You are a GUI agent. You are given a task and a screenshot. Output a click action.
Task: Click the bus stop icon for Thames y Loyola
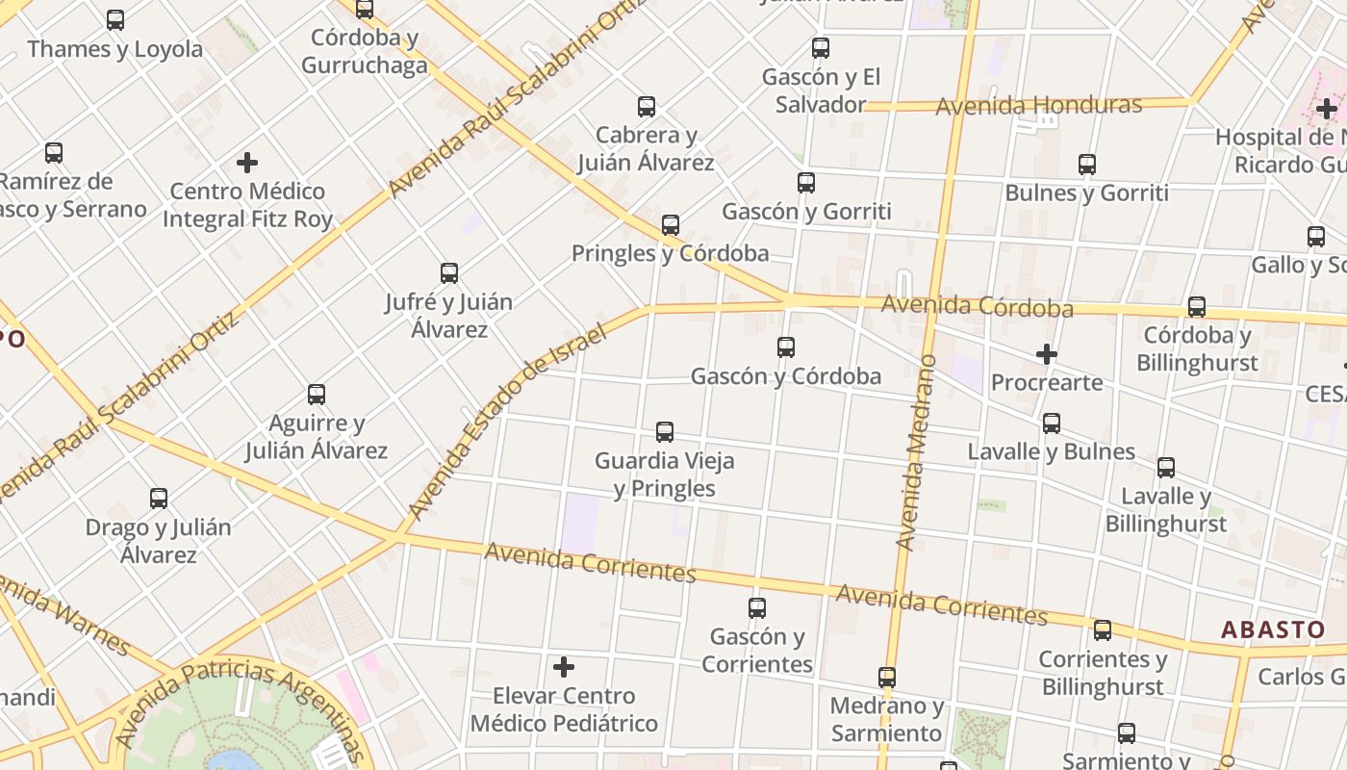pos(115,19)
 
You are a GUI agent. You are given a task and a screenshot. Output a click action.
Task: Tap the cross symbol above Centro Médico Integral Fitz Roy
pos(247,162)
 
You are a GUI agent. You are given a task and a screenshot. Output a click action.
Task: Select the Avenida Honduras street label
pos(1038,105)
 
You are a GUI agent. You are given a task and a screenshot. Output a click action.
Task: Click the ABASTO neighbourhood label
pos(1273,629)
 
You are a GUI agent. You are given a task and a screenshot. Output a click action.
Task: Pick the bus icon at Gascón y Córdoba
pos(786,346)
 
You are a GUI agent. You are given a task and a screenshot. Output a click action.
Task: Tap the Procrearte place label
pos(1047,382)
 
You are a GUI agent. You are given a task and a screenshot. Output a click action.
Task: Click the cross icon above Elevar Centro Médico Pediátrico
pos(564,666)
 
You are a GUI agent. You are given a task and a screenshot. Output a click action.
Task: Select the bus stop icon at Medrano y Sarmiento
pos(887,678)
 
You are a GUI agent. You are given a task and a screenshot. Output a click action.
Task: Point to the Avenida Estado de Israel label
pos(507,422)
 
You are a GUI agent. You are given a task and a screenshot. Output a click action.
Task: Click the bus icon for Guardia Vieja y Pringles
pos(665,431)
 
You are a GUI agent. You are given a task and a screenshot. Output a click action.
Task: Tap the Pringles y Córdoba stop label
pos(670,253)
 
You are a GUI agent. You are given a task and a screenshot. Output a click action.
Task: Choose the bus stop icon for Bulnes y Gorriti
pos(1087,164)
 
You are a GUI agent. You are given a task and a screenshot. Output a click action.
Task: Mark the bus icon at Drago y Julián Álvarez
pos(159,499)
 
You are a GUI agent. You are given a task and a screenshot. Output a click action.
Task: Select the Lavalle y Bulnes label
pos(1051,451)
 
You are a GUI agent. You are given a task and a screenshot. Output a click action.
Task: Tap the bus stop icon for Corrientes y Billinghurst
pos(1103,630)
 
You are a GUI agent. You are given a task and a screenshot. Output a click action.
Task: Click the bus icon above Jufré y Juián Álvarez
pos(449,272)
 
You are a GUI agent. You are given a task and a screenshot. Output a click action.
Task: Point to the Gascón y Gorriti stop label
pos(806,211)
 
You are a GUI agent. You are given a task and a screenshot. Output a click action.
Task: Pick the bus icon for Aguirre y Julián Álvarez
pos(317,394)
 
